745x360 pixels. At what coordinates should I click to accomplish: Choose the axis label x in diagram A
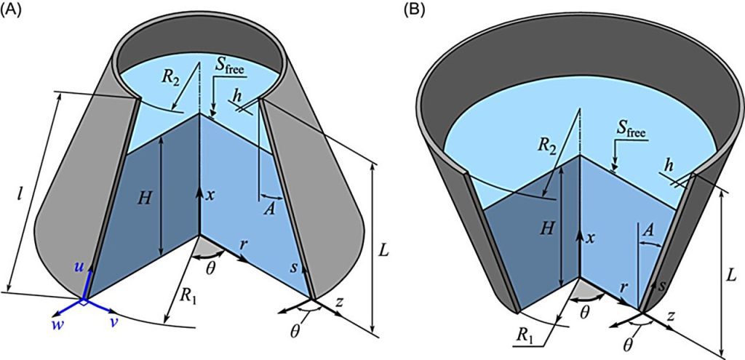(211, 195)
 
